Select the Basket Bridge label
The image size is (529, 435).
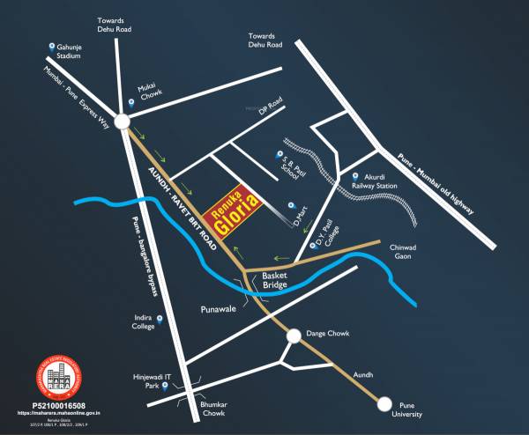pyautogui.click(x=275, y=280)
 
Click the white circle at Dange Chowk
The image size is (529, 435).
pyautogui.click(x=293, y=335)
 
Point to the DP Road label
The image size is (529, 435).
pyautogui.click(x=268, y=109)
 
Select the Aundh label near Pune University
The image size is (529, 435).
pyautogui.click(x=363, y=374)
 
